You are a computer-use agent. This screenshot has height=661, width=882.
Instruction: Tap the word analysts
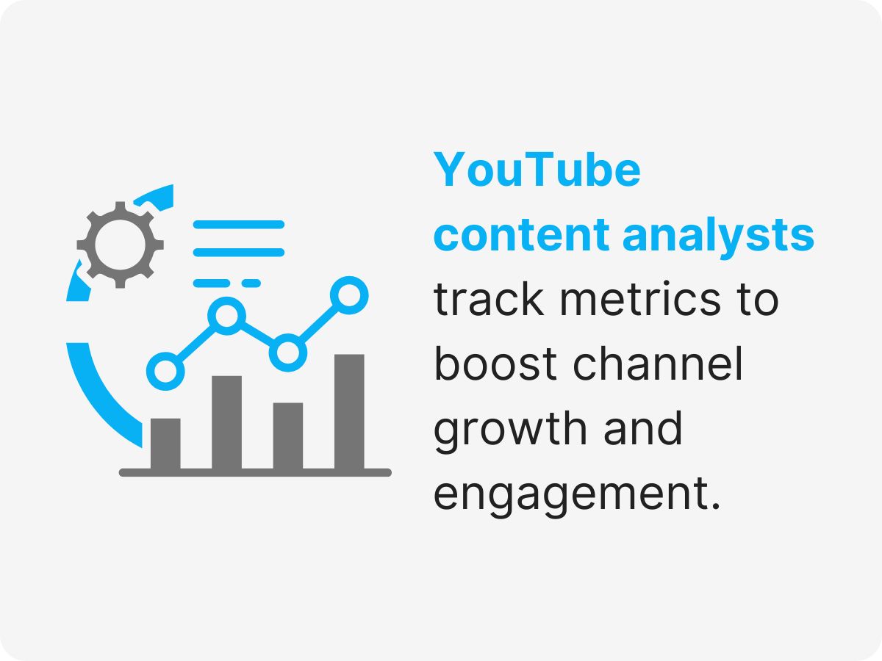718,236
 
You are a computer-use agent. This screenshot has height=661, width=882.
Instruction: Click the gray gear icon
120,243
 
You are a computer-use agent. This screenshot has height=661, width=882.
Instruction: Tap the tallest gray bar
349,411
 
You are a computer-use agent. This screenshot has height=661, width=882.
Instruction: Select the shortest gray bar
165,444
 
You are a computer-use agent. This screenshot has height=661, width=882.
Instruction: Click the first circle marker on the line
166,369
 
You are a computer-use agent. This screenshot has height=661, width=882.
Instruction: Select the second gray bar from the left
226,422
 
